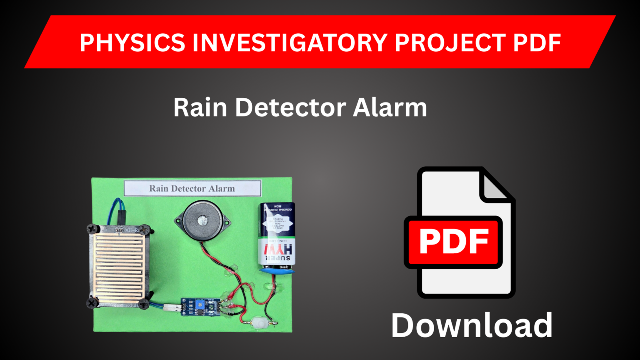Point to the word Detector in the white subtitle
click(x=290, y=107)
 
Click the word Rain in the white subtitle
click(x=200, y=107)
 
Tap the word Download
click(x=472, y=325)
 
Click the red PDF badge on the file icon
click(x=453, y=242)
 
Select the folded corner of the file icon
click(x=497, y=186)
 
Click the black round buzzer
click(x=202, y=221)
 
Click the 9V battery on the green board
click(x=276, y=235)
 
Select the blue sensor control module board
click(x=200, y=307)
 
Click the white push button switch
click(x=259, y=322)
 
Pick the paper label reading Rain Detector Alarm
click(x=192, y=188)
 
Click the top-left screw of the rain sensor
click(x=92, y=229)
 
